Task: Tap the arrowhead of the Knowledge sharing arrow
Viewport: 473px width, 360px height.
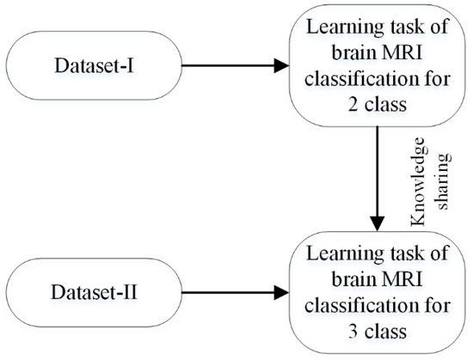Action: point(376,226)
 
